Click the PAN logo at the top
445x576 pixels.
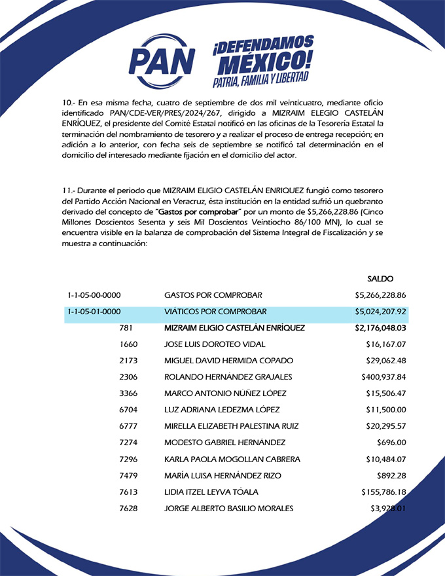(162, 57)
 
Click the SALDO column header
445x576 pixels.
(380, 278)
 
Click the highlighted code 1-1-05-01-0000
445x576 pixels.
(94, 312)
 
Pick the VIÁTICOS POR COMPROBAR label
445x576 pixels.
(216, 312)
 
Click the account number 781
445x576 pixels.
(129, 328)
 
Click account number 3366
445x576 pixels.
(129, 393)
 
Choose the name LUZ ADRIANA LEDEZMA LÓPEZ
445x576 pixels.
(222, 410)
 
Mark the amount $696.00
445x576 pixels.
(393, 442)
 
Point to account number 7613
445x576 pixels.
(129, 492)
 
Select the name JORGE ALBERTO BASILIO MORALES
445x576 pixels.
(228, 509)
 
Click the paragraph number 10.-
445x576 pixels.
(69, 103)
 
